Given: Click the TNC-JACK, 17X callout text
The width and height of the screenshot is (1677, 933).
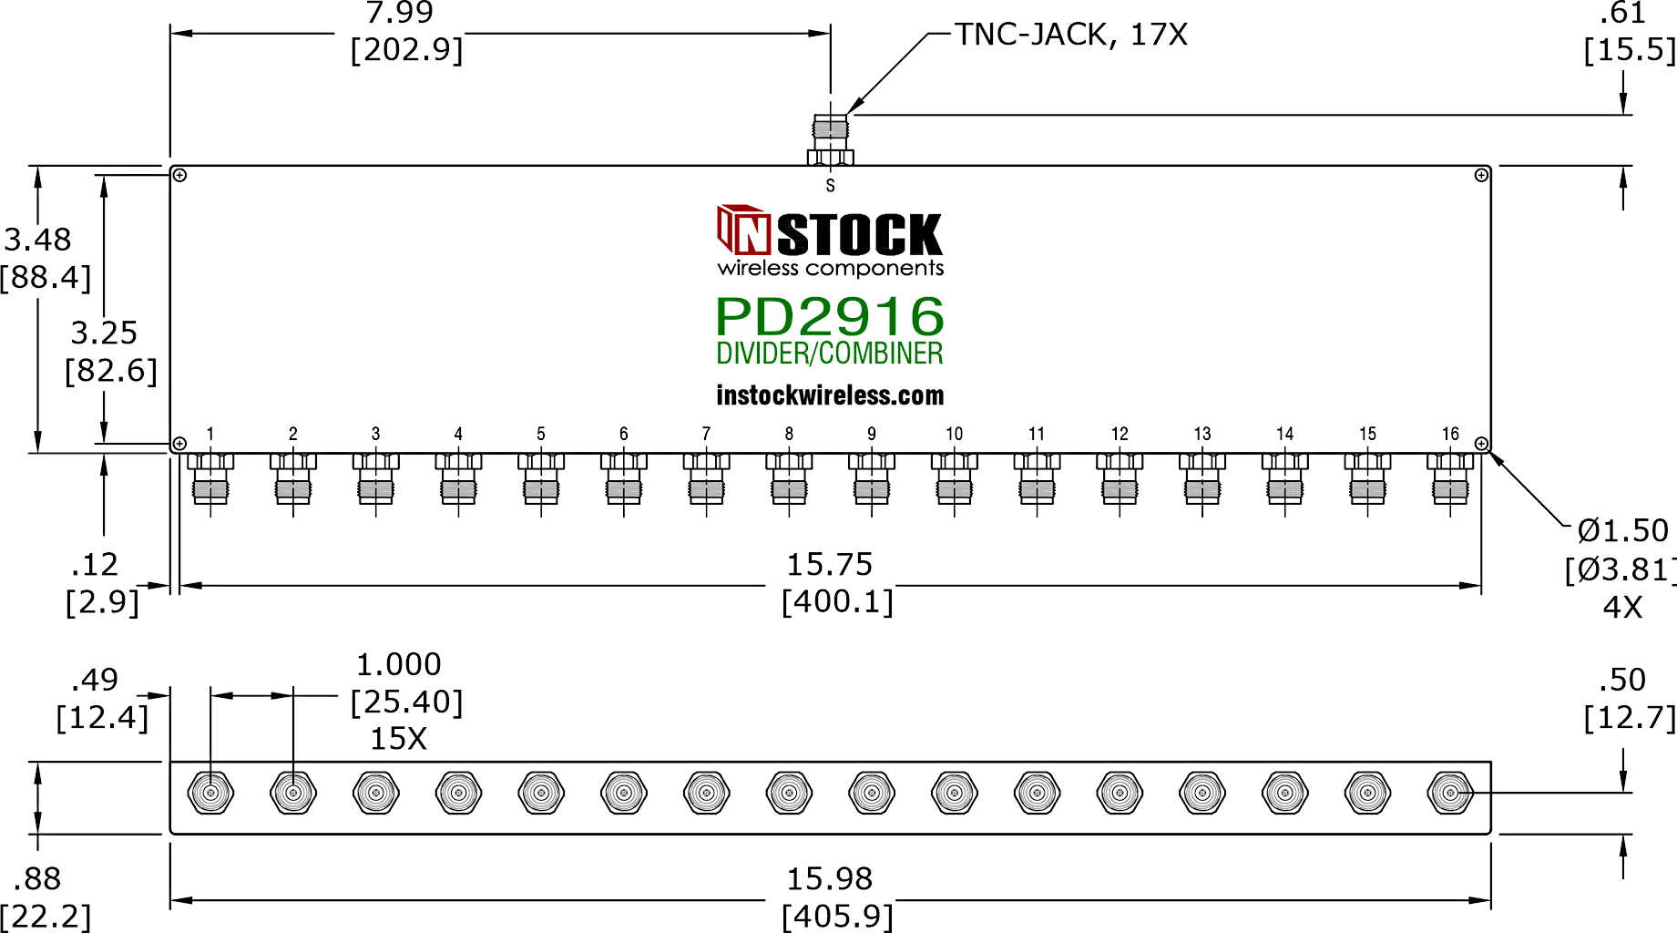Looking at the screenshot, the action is coord(1070,35).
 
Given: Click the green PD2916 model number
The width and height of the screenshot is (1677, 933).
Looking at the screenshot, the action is coord(830,316).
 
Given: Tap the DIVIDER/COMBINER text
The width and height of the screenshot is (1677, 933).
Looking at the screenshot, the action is coord(830,354).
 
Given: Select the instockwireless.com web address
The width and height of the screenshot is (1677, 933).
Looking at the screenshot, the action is coord(830,395).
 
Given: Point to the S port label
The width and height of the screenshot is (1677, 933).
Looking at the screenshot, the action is coord(830,186).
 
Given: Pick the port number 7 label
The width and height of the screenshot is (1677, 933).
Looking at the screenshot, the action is coord(706,434).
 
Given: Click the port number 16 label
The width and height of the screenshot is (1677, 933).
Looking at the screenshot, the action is coord(1450,434).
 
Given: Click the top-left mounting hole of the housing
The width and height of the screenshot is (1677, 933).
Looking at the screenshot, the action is coord(180,175).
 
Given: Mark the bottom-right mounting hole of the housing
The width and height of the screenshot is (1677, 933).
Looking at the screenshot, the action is coord(1481,444).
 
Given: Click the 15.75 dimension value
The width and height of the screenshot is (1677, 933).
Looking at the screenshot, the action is coord(830,565).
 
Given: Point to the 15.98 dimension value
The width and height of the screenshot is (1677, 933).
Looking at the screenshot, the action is coord(830,879).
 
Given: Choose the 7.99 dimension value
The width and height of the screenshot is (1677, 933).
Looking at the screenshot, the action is coord(400,13).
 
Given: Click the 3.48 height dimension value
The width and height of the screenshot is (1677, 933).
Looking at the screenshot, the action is coord(37,240).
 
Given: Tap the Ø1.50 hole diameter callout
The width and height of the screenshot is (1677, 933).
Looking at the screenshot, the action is coord(1622,530).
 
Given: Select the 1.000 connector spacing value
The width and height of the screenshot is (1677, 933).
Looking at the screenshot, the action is coord(399,664).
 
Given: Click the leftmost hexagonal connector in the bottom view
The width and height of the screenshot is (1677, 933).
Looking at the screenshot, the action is coord(210,793).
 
